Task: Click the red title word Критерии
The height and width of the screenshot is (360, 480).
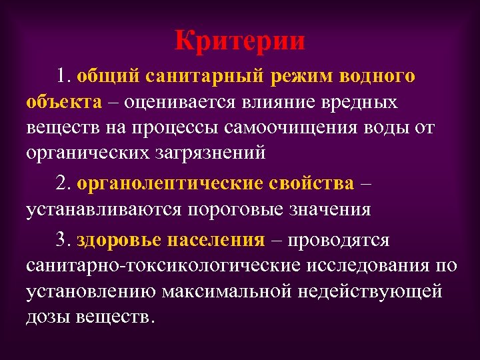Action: click(x=240, y=41)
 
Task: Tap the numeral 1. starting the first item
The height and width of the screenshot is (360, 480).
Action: click(x=65, y=76)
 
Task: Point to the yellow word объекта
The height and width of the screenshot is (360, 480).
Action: click(x=64, y=101)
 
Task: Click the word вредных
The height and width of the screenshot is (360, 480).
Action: click(x=361, y=101)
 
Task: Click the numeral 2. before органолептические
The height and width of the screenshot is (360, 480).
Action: click(x=65, y=183)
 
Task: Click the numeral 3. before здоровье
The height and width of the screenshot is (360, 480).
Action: click(x=65, y=239)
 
